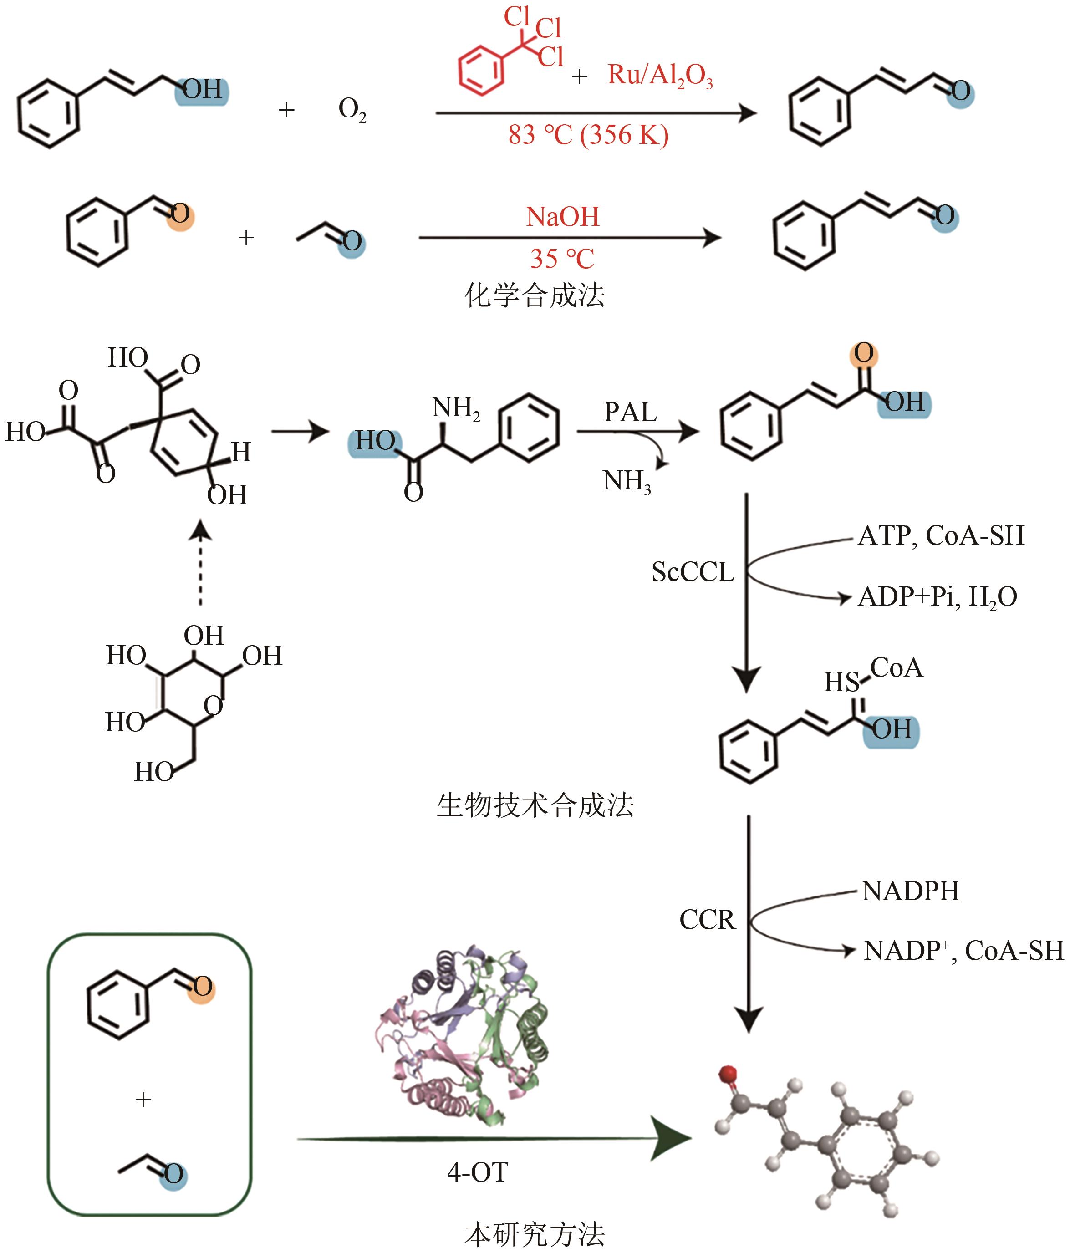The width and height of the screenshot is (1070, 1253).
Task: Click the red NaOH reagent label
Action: pos(562,216)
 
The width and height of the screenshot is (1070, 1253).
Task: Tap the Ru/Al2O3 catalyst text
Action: pos(661,75)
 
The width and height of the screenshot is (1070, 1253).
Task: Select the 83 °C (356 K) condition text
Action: pos(588,135)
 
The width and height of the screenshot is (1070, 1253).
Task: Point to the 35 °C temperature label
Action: pos(562,259)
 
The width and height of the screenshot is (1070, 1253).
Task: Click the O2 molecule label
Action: pos(352,110)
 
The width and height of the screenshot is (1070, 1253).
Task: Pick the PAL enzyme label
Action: pos(630,413)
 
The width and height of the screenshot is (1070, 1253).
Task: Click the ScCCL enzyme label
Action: pos(693,572)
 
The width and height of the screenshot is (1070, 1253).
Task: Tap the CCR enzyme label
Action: pos(707,920)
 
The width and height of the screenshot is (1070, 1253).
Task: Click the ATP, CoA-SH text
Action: pos(941,536)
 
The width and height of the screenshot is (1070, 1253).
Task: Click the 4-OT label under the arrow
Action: pos(477,1172)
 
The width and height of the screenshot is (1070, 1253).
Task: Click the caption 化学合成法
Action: pos(535,295)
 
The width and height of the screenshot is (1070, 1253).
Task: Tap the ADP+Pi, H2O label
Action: pos(938,597)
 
